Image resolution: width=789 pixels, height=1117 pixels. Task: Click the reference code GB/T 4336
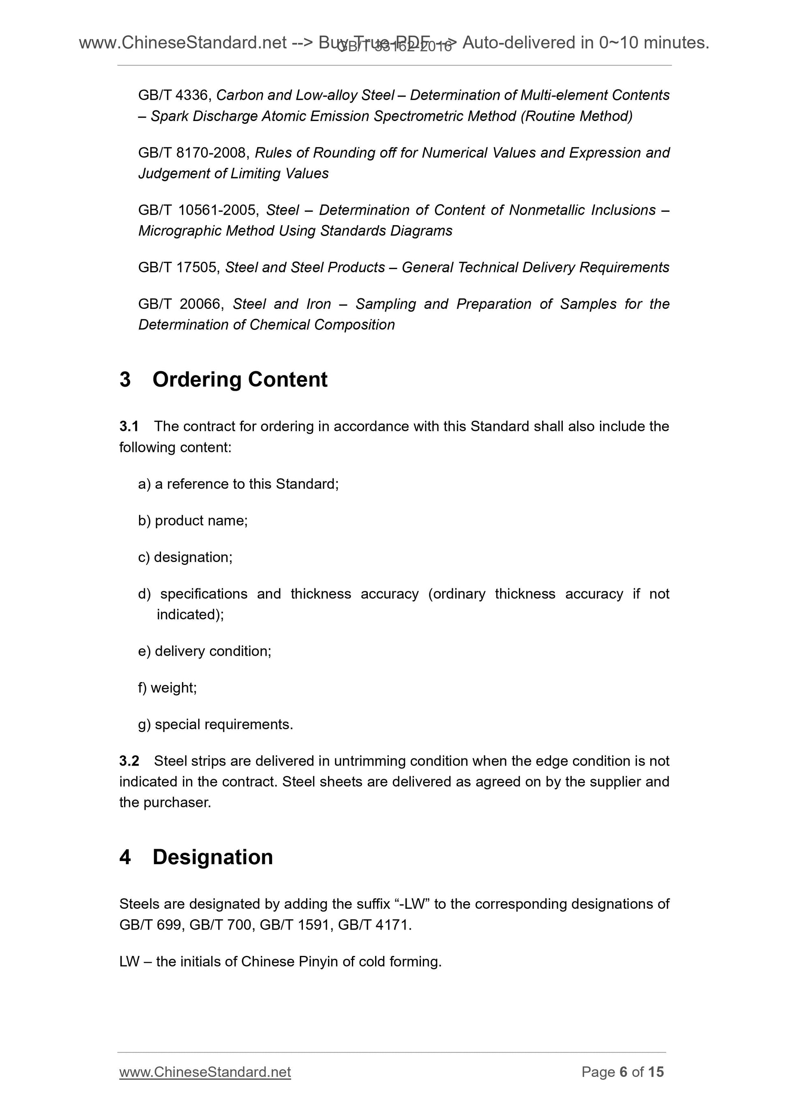[x=173, y=95]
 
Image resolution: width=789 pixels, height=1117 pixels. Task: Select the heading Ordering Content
[x=240, y=379]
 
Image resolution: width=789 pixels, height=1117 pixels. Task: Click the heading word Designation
[x=212, y=857]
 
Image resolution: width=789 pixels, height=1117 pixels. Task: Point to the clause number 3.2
[x=129, y=761]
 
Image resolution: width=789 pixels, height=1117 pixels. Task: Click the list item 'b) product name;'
[x=193, y=521]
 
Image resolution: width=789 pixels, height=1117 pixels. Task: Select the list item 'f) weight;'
[x=167, y=688]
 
